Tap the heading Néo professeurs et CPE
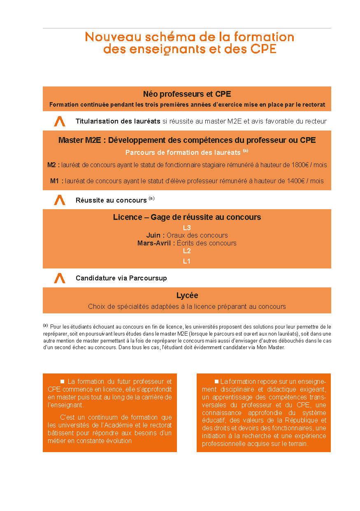point(187,94)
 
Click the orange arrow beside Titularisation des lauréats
point(60,121)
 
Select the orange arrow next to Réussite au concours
point(60,200)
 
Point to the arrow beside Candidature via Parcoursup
point(60,278)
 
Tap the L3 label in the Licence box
point(187,228)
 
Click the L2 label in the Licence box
point(187,251)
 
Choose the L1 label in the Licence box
point(187,261)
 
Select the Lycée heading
point(187,296)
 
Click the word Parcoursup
point(148,278)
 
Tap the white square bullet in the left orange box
point(63,381)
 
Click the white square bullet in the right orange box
point(216,381)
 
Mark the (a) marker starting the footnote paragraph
point(45,325)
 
